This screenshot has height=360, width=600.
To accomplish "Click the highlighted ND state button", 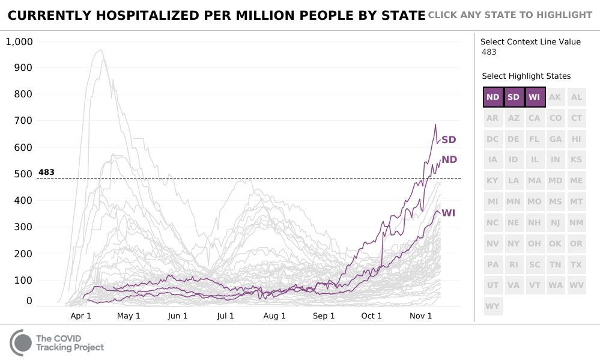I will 493,97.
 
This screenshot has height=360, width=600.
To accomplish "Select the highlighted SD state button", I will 514,97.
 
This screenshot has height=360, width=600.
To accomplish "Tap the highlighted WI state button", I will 535,97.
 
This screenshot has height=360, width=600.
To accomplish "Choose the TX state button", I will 577,264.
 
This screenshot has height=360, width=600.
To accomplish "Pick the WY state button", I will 493,306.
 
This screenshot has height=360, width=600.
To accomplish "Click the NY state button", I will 514,243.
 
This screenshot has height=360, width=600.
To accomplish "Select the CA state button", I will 535,118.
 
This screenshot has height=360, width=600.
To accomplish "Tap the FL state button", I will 535,139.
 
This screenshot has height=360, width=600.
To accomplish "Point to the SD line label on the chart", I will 449,140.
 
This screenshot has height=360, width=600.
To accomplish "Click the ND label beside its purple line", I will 449,159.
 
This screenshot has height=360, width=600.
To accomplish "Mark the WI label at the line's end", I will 448,213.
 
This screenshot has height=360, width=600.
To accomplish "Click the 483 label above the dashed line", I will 46,172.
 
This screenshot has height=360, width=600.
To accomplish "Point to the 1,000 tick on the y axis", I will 20,41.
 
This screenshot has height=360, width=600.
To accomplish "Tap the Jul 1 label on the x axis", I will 226,316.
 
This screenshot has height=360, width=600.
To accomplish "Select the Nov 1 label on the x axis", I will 420,316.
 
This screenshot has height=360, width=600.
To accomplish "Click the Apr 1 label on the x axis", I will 80,316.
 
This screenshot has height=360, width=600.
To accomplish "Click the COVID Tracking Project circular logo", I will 21,343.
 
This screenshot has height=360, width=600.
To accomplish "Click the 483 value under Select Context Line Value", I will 489,52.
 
